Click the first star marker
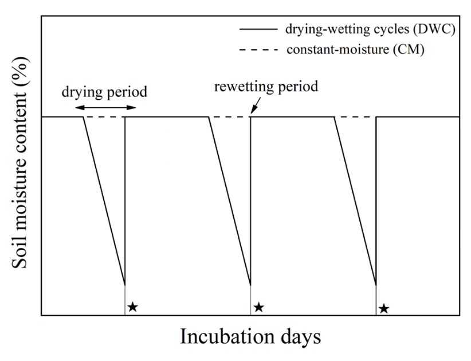[132, 306]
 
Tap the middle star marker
[258, 307]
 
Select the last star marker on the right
[384, 309]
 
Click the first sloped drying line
[104, 201]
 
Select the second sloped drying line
[229, 201]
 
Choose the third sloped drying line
[355, 201]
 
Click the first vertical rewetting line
[125, 201]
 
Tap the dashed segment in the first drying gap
[104, 117]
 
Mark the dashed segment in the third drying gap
[355, 117]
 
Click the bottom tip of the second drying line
[250, 284]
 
